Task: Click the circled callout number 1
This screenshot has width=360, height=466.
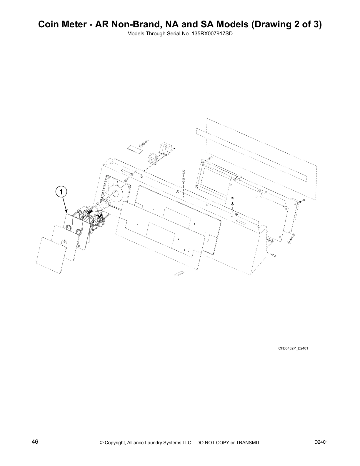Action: tap(61, 192)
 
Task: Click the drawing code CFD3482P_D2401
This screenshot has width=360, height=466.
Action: tap(293, 349)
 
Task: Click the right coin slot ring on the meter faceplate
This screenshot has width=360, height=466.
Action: tap(79, 232)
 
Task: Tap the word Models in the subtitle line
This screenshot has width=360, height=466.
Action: tap(134, 34)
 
